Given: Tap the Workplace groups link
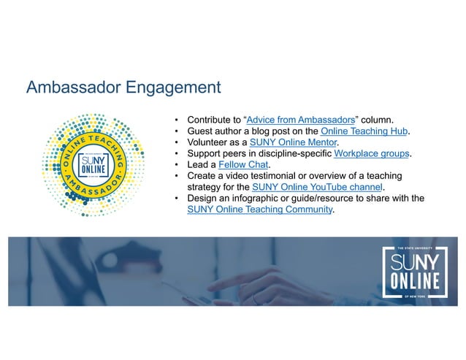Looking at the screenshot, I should click(372, 153).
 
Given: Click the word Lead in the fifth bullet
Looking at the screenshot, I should click(197, 165).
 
